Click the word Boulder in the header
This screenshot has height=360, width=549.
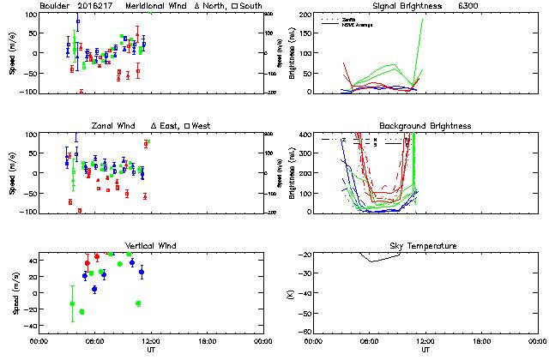(55, 6)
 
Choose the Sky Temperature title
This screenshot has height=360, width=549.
(425, 246)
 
